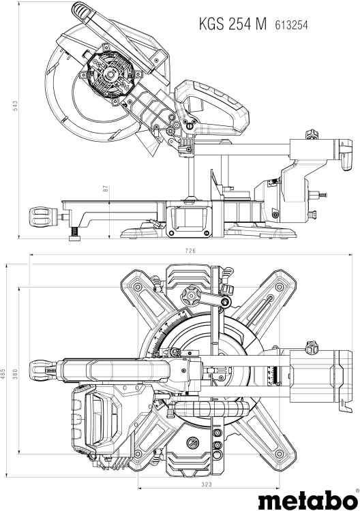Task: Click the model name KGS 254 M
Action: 232,24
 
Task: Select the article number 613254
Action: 291,25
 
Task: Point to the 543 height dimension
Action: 15,106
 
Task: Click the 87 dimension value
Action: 105,188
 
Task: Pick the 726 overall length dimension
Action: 190,251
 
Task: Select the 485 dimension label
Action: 3,371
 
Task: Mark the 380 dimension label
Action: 15,373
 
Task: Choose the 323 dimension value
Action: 207,484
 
